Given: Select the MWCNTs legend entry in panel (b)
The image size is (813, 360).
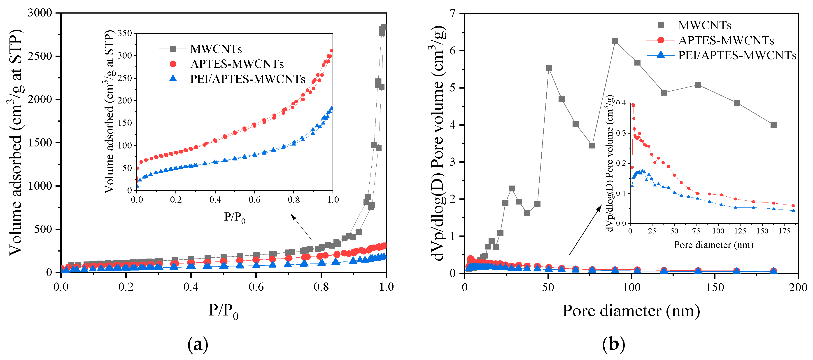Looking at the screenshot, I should (x=704, y=25).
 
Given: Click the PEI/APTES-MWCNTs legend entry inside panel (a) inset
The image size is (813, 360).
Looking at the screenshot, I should (x=247, y=79).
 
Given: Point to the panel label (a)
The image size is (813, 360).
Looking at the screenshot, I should (x=198, y=344).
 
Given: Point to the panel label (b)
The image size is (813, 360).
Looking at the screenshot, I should (x=613, y=344).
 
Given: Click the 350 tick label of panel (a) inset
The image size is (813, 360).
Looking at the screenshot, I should (x=124, y=33).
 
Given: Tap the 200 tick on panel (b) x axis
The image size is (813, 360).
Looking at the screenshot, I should (x=798, y=287).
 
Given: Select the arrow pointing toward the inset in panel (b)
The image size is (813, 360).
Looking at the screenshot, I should (x=585, y=231).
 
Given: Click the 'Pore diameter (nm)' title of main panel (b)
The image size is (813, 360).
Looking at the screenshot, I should (x=631, y=311).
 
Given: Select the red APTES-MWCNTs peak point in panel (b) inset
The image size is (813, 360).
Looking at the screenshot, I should (x=633, y=105).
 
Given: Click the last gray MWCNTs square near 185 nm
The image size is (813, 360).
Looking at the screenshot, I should (x=773, y=125).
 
